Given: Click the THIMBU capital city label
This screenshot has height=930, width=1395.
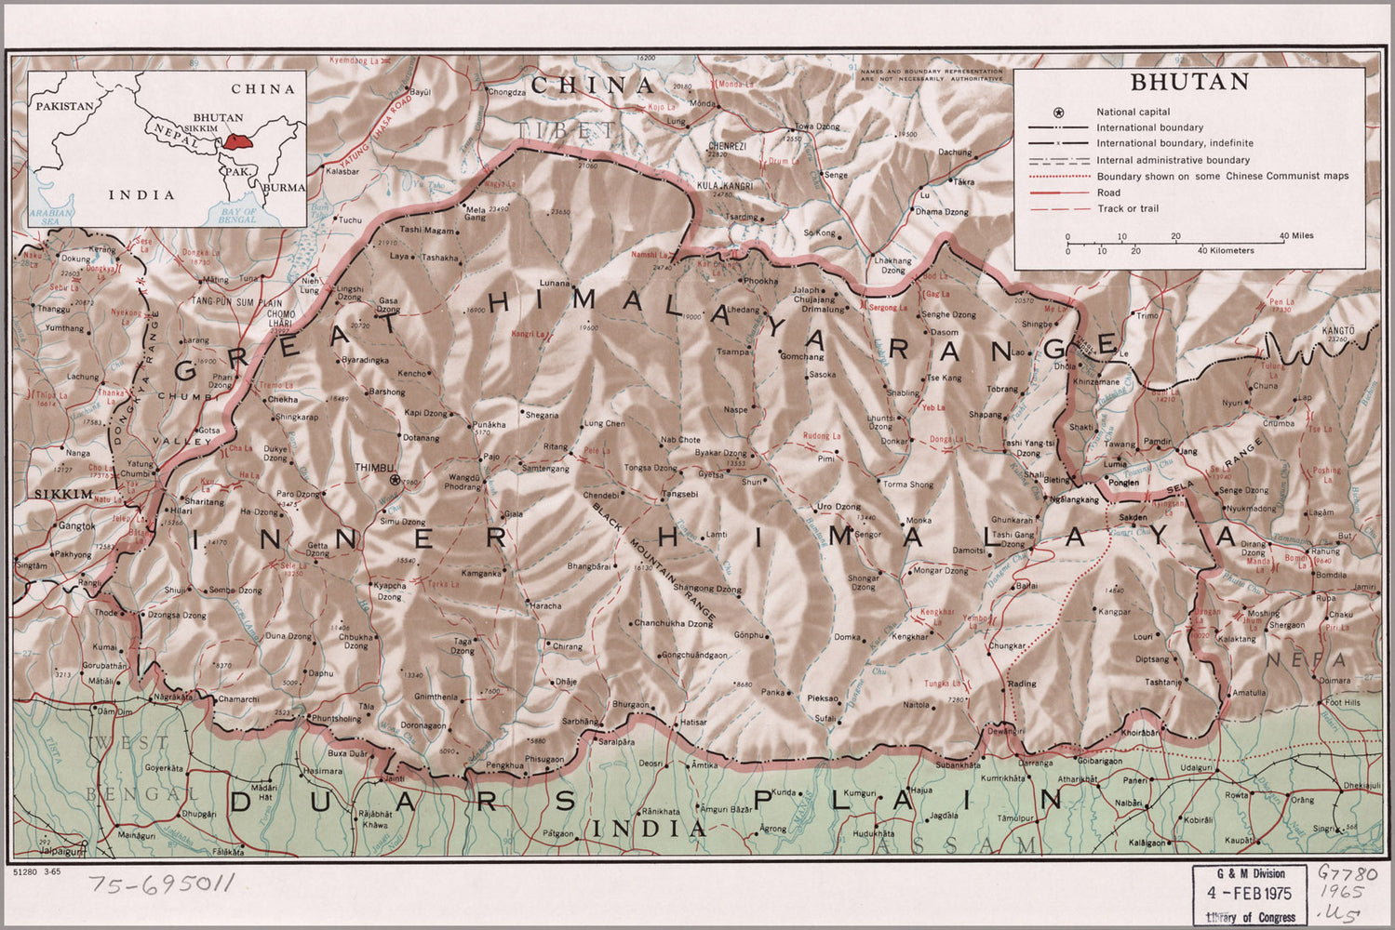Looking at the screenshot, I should click(x=375, y=468).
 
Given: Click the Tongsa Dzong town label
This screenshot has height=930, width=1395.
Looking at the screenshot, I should click(x=650, y=468).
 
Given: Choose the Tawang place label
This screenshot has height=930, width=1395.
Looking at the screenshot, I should click(x=1120, y=445).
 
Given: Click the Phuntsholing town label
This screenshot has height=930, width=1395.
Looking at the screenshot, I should click(x=337, y=719).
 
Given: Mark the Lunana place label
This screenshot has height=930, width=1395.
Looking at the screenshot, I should click(x=554, y=282).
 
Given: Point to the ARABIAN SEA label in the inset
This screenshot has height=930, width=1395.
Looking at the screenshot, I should click(x=44, y=216).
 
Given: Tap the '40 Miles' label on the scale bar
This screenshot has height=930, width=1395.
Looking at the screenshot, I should click(x=1295, y=236).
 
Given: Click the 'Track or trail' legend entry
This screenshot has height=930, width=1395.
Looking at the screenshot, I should click(x=1127, y=208).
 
